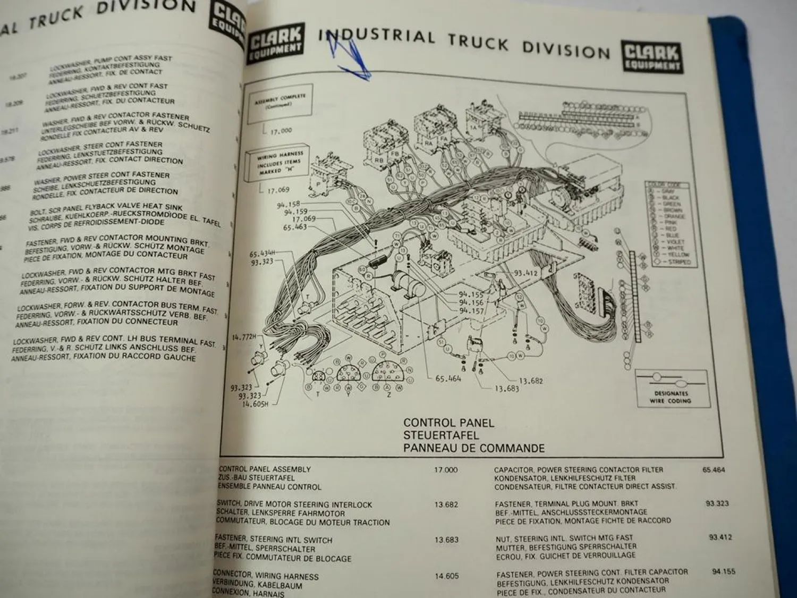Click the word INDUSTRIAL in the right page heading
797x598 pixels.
coord(376,37)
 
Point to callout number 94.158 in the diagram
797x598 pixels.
coord(289,204)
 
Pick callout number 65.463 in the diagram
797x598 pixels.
coord(295,227)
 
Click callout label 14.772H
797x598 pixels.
coord(244,336)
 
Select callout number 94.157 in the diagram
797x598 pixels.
coord(471,310)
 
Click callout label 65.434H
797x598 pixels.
coord(262,254)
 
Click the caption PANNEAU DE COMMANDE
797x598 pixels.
coord(473,448)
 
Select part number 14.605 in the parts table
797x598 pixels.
coord(446,576)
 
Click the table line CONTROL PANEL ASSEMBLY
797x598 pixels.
coord(265,469)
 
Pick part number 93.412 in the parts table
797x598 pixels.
coord(720,537)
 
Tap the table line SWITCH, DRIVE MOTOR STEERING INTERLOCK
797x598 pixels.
coord(294,504)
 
